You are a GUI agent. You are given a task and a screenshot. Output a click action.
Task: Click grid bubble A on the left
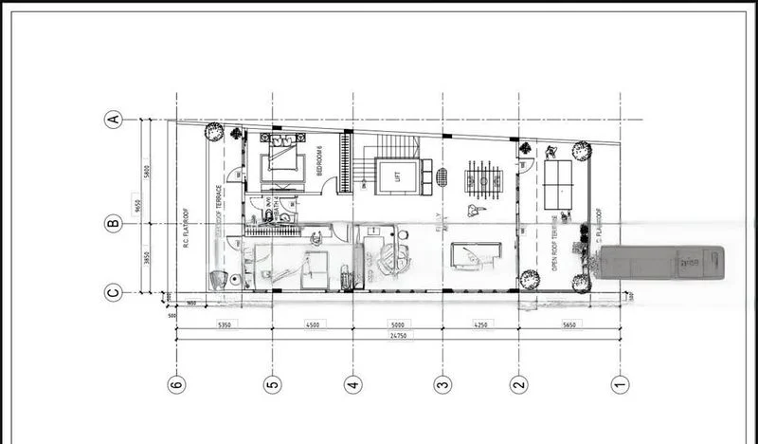[114, 120]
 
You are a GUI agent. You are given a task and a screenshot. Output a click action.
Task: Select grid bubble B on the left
[114, 224]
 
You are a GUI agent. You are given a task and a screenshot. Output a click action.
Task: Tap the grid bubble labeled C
[114, 292]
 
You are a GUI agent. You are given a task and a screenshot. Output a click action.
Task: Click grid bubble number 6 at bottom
[176, 384]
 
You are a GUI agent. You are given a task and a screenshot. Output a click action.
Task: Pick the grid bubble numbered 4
[353, 384]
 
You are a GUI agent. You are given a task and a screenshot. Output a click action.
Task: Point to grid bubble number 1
[620, 384]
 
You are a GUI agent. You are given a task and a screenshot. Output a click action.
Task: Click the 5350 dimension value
[225, 324]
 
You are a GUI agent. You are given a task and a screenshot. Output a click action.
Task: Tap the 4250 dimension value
[480, 324]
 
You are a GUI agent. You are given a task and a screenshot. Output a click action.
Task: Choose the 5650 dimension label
[568, 324]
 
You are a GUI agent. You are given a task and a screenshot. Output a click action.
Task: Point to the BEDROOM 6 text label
[320, 162]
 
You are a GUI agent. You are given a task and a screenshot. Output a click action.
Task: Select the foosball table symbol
[482, 178]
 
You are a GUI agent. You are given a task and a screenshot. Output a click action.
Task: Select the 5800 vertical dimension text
[148, 173]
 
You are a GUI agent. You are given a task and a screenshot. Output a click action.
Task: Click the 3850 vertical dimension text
[148, 258]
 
